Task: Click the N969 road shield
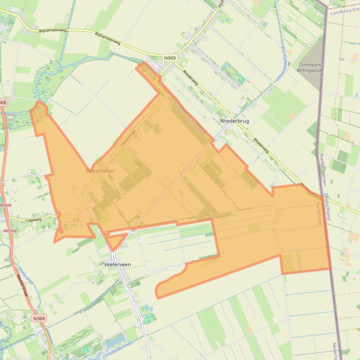[170, 58]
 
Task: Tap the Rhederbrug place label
[234, 121]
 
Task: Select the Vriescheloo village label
[100, 171]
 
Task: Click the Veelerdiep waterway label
[26, 276]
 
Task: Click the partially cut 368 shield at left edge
[3, 102]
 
